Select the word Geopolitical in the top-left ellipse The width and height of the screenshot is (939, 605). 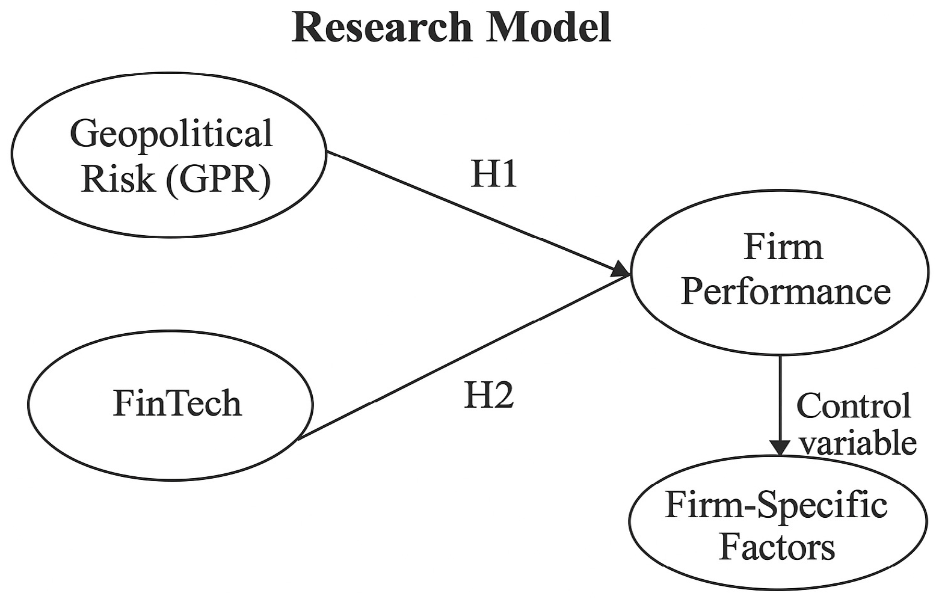tap(171, 134)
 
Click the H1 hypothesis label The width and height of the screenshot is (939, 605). tap(493, 174)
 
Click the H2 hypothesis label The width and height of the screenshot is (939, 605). tap(489, 396)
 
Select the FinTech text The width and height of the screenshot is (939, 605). tap(177, 403)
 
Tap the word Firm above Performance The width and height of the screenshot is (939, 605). tap(783, 247)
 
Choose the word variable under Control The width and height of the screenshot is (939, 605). tap(859, 443)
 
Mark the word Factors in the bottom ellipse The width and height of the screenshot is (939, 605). tap(777, 547)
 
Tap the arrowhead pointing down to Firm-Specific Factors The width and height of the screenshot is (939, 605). tap(780, 447)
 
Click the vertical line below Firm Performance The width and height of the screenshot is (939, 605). tap(780, 397)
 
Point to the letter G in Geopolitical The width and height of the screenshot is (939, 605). tap(83, 134)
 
